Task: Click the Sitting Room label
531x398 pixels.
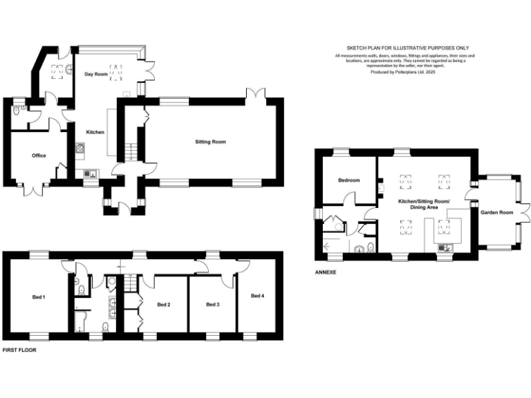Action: (x=210, y=142)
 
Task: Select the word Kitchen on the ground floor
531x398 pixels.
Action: (x=95, y=131)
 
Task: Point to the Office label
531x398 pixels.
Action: (x=39, y=155)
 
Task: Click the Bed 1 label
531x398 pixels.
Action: (x=39, y=297)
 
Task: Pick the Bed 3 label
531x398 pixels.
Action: (x=213, y=304)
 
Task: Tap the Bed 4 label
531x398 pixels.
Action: (x=257, y=296)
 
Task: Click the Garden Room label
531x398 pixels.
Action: (x=496, y=212)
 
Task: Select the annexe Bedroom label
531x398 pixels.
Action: (x=348, y=180)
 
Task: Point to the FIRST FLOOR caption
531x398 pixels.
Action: (x=19, y=350)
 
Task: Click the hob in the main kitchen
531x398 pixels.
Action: (x=80, y=148)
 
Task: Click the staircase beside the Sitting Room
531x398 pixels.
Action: (x=129, y=149)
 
